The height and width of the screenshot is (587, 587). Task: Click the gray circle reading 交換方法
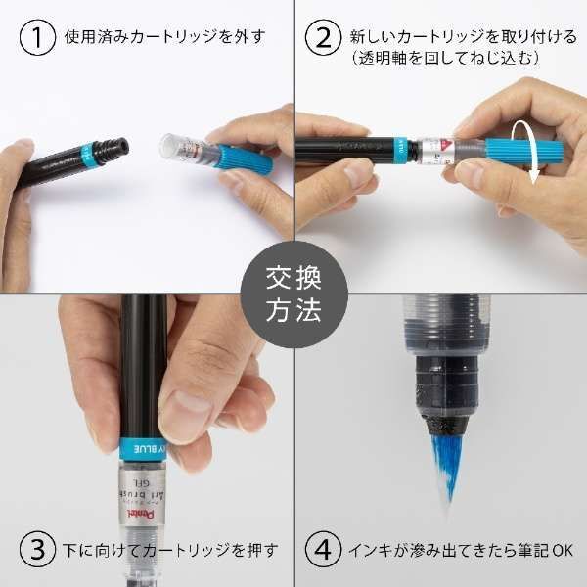pyautogui.click(x=293, y=293)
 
